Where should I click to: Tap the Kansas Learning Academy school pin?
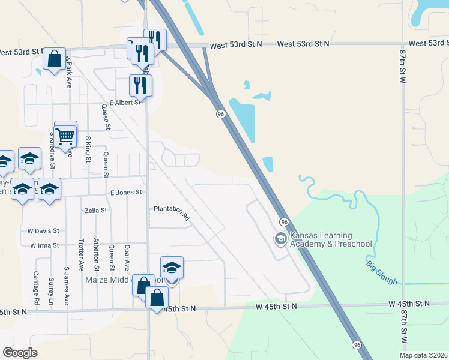coord(280,238)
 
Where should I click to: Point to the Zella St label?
coord(96,211)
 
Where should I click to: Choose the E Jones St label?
coord(125,192)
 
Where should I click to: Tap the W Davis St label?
coord(43,230)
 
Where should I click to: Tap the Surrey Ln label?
coord(51,295)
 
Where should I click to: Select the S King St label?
coord(88,149)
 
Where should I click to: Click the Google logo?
coord(20,353)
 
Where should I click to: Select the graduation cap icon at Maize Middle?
coord(172,268)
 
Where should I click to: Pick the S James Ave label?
coord(66,286)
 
